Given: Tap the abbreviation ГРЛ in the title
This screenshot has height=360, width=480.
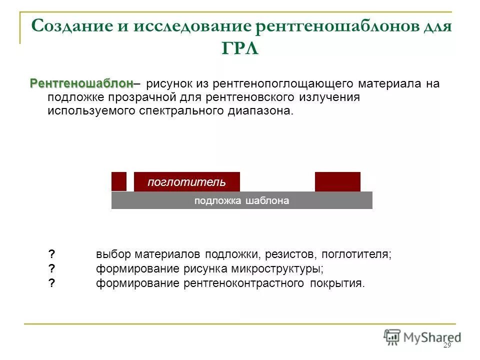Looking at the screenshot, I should coord(239,49).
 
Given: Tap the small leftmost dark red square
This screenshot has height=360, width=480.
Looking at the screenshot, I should coord(119,181).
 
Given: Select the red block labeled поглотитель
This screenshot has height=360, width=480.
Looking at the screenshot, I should coord(187,181).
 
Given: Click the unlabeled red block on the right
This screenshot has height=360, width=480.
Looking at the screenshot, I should coord(337,181).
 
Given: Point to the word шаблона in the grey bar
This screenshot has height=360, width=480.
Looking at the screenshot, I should coord(267,201).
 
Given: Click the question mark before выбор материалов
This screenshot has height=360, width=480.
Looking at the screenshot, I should coord(51,254).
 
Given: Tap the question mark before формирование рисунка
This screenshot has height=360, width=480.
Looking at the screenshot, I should coord(51,268).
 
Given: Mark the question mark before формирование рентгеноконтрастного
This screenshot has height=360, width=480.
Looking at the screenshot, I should coord(51,283).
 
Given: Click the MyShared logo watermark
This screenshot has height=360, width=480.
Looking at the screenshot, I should coord(422,337).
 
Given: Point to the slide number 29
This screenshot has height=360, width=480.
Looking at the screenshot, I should coord(447,346).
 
